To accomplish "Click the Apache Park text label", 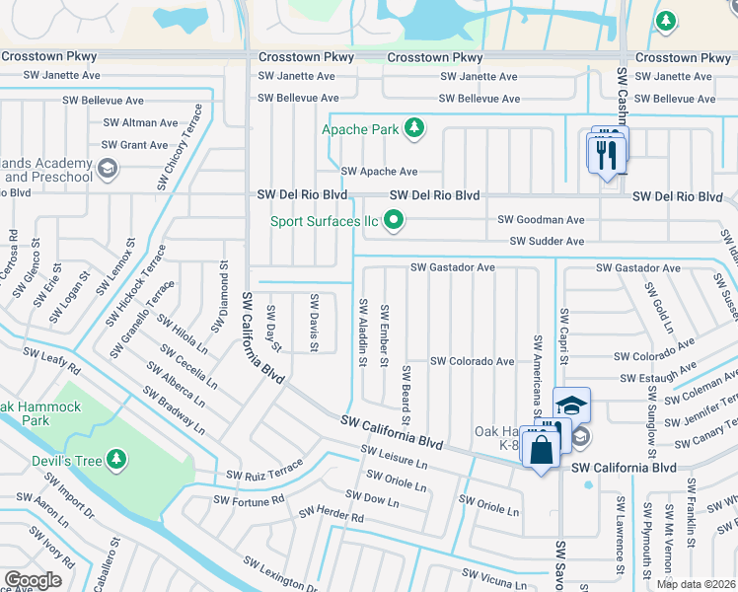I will [360, 128].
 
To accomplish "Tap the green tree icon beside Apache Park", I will [415, 127].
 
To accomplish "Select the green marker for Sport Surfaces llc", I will [394, 220].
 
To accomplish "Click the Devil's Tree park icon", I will [117, 459].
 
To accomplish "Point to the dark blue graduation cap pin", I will [570, 404].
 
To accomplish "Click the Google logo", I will [33, 580].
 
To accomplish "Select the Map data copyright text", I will [697, 584].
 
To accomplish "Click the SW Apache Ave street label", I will [379, 172].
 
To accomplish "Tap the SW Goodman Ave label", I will [541, 220].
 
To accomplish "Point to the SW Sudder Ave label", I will [547, 242].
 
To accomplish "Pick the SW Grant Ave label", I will [134, 145].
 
